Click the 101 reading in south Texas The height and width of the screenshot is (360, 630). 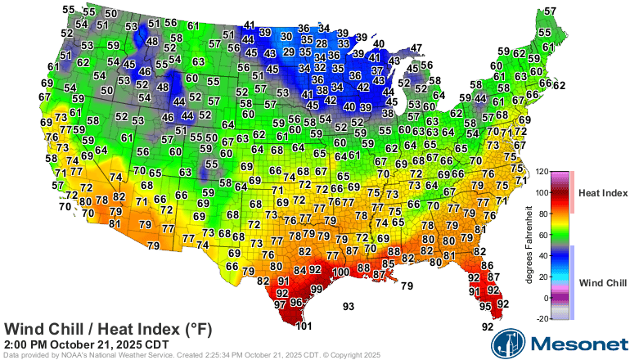click(x=304, y=326)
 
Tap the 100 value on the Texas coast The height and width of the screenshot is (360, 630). click(x=340, y=272)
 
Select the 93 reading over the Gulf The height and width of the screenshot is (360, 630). click(x=349, y=307)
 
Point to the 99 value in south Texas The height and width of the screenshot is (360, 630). click(x=316, y=289)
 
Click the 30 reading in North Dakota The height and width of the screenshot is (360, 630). click(x=286, y=37)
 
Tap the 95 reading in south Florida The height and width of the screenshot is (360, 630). click(x=486, y=306)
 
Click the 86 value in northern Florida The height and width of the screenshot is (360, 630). click(x=487, y=265)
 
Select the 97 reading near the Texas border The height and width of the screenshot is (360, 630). click(x=280, y=304)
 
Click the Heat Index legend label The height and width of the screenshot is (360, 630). click(x=603, y=193)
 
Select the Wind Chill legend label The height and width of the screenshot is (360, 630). click(x=603, y=282)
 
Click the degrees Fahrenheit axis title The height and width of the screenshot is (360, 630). click(x=529, y=245)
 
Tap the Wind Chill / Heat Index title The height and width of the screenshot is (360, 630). click(x=108, y=329)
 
